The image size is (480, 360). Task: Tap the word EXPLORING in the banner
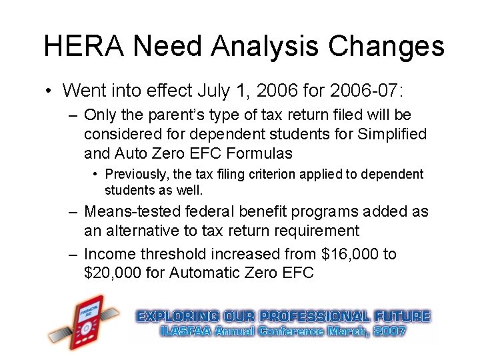click(177, 316)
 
